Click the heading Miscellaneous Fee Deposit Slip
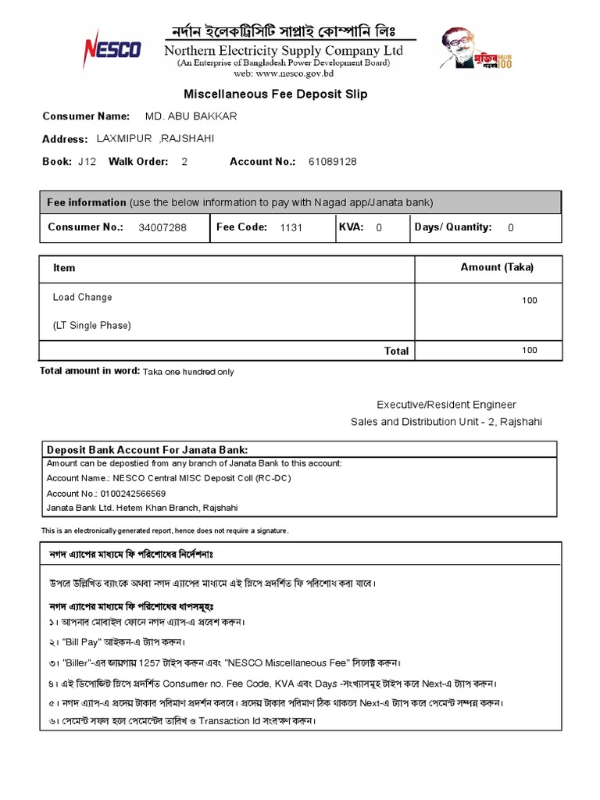(275, 94)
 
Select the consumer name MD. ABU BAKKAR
(191, 116)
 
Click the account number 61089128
(332, 162)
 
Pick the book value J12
(87, 162)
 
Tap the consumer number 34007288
(162, 228)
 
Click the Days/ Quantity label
(452, 227)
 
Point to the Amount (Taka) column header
(497, 267)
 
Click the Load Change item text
(82, 297)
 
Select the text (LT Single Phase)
(91, 325)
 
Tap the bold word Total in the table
(396, 351)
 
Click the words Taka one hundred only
(188, 372)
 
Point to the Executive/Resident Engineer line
(446, 405)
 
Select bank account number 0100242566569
(132, 494)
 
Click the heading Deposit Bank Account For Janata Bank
(147, 450)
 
